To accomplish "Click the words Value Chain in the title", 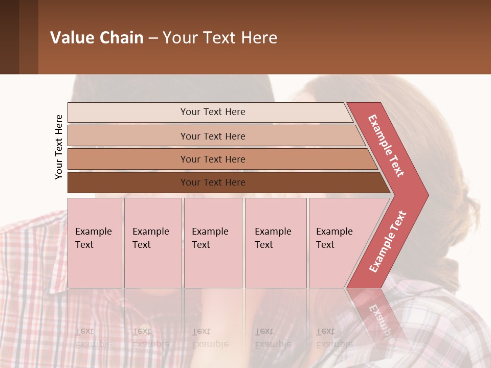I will (x=97, y=37).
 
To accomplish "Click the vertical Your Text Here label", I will (x=59, y=147).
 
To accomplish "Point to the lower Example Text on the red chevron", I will (x=388, y=241).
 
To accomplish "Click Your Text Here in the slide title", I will (x=220, y=37).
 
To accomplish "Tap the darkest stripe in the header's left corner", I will (x=9, y=37).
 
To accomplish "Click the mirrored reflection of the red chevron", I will (x=376, y=312).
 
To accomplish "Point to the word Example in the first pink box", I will (x=93, y=232).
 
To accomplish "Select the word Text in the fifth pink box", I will (x=325, y=245).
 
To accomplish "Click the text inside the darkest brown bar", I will (x=213, y=182).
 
